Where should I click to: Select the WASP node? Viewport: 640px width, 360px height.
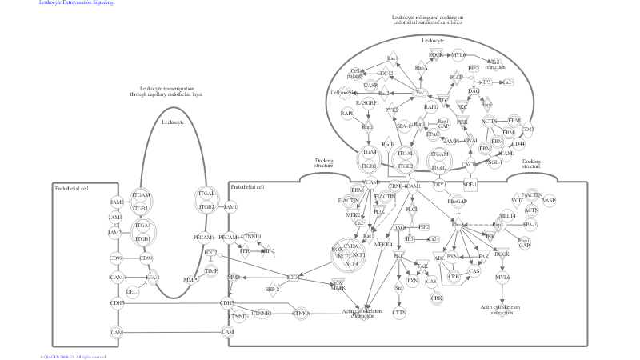(370, 84)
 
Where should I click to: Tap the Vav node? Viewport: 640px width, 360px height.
(419, 94)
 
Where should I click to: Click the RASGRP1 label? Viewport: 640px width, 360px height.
(367, 103)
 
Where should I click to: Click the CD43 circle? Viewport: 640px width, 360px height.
(527, 129)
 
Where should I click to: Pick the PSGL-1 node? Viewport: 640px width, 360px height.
(494, 162)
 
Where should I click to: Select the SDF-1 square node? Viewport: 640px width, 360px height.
(470, 186)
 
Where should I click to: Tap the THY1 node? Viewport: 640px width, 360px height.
(439, 186)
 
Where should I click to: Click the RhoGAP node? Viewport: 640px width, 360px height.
(457, 201)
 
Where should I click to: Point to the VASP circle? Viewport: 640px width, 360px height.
(549, 200)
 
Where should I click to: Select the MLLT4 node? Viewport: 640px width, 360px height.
(507, 215)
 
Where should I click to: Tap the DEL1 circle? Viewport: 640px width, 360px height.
(133, 291)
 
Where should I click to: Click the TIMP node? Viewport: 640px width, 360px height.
(210, 271)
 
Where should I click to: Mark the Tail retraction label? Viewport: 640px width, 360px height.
(495, 64)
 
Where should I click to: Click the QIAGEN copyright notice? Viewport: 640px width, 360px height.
(73, 356)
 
